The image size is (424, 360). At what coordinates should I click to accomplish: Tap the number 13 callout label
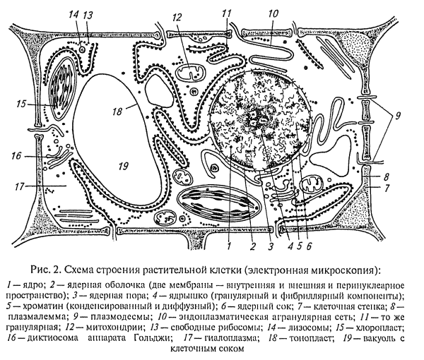pos(88,15)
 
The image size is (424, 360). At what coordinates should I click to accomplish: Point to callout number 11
pos(226,14)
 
